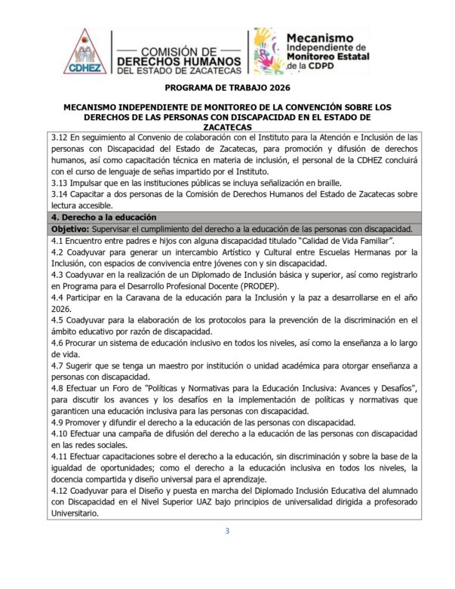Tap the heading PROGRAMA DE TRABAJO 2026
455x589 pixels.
[227, 88]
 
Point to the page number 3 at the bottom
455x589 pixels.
[227, 531]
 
